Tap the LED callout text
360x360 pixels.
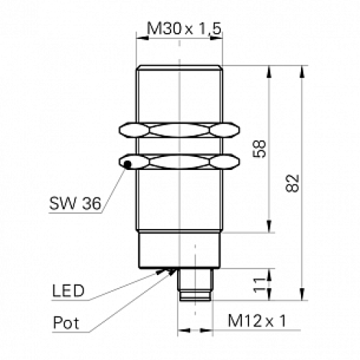[x=68, y=291]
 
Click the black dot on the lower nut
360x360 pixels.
[x=127, y=166]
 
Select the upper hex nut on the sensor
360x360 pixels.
[x=177, y=130]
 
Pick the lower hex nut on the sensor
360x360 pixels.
[x=177, y=161]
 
